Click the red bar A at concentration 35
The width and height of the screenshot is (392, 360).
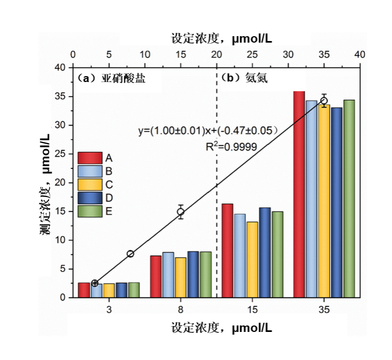(x=299, y=194)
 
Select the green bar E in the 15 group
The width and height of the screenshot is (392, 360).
(x=278, y=254)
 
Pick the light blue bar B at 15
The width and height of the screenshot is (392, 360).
(x=240, y=256)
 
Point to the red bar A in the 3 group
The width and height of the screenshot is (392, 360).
(x=84, y=290)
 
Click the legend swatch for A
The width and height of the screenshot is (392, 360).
(x=90, y=158)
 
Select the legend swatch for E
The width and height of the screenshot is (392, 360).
(x=90, y=211)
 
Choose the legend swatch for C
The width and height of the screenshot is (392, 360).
(x=90, y=185)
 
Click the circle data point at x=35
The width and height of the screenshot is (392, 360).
(x=324, y=100)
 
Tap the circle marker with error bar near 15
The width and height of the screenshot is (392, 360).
(x=181, y=212)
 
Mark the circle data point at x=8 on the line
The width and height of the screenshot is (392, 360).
(x=130, y=254)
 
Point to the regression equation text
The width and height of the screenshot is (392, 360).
(x=207, y=131)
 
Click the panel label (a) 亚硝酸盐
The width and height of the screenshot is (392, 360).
(x=112, y=78)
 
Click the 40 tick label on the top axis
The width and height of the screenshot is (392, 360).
(x=360, y=55)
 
